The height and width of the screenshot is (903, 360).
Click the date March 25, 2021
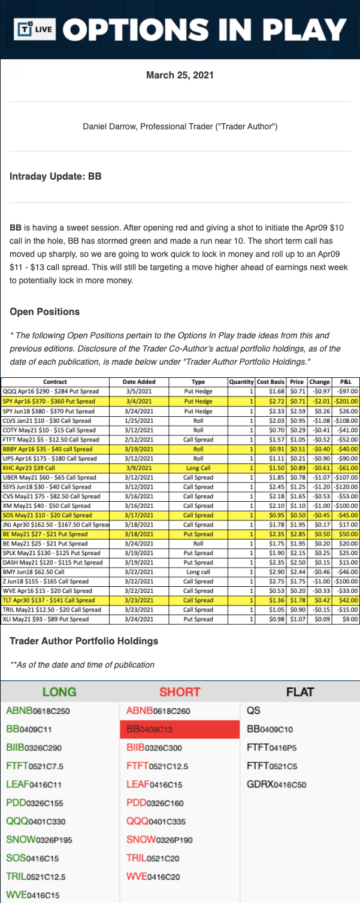(180, 75)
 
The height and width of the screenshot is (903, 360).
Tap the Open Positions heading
(45, 312)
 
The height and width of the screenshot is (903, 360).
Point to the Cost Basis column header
(270, 381)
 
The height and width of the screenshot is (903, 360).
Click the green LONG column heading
(59, 692)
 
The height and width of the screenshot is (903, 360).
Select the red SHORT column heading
(179, 692)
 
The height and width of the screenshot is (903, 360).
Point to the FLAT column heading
(300, 692)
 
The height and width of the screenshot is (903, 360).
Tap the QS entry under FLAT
(253, 711)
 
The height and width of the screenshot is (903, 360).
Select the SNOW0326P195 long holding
(39, 840)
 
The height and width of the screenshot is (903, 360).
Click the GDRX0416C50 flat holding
(276, 784)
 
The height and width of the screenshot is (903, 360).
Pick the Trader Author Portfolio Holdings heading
(84, 641)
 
